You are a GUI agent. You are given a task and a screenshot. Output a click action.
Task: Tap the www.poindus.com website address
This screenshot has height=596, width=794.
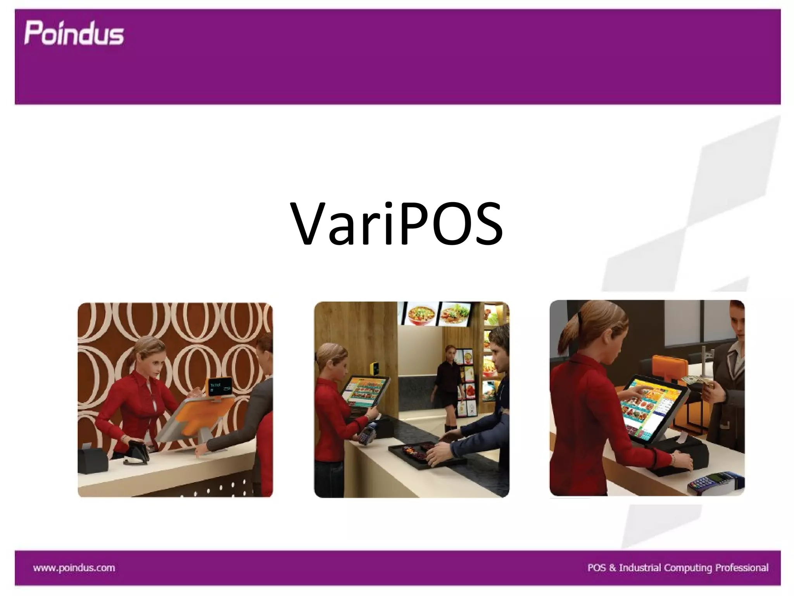(74, 568)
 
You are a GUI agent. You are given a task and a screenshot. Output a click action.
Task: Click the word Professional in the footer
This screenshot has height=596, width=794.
(741, 568)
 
